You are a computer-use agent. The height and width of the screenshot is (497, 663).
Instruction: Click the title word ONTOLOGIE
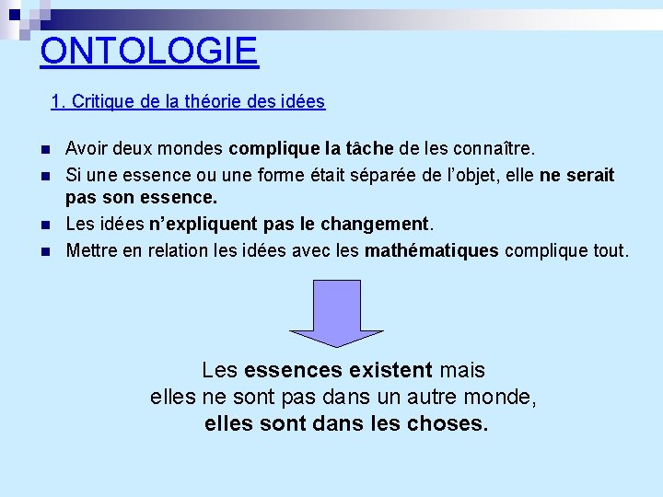tap(149, 51)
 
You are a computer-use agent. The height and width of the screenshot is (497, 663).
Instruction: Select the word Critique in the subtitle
tap(102, 102)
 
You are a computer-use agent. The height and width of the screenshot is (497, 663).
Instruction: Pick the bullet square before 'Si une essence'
tap(45, 175)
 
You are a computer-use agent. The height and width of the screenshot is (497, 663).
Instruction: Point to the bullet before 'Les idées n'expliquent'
tap(45, 225)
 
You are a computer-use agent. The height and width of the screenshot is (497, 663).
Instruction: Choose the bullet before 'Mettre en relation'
tap(45, 250)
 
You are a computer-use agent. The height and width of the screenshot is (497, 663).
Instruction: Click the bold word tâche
tap(368, 148)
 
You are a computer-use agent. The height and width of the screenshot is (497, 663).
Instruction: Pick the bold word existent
tap(388, 371)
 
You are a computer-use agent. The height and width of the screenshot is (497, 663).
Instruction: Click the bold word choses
tap(448, 424)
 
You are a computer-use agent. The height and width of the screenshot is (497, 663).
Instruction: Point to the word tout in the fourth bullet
tap(611, 249)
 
